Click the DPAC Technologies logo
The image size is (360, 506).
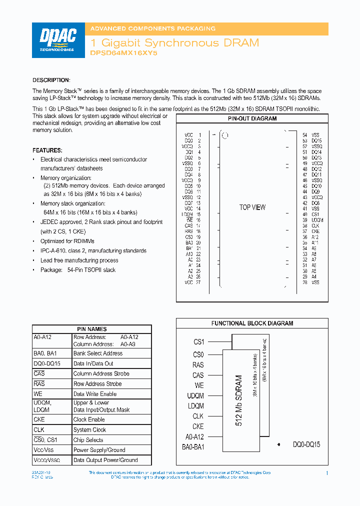(58, 40)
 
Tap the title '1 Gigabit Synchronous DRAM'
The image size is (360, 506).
(174, 43)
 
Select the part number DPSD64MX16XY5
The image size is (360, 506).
(123, 52)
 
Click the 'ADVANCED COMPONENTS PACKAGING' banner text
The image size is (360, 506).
(152, 28)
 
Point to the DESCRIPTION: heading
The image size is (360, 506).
(51, 80)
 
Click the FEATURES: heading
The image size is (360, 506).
(47, 150)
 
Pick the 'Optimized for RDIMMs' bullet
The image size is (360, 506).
(67, 241)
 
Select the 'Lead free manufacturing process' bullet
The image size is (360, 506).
(79, 260)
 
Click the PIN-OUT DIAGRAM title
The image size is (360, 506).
(252, 119)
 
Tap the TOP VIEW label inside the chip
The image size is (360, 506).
(252, 207)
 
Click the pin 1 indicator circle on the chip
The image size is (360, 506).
(225, 135)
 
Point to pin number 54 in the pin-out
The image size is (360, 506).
(305, 135)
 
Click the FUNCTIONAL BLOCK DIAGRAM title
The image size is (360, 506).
(252, 323)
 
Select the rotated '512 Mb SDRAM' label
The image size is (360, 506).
(238, 400)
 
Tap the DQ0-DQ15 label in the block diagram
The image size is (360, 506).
(306, 444)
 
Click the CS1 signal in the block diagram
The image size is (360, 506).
(198, 342)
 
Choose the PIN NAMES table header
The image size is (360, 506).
(91, 329)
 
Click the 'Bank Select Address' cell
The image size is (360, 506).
(98, 353)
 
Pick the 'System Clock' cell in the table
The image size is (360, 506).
(89, 430)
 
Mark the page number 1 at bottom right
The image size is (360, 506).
(327, 473)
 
